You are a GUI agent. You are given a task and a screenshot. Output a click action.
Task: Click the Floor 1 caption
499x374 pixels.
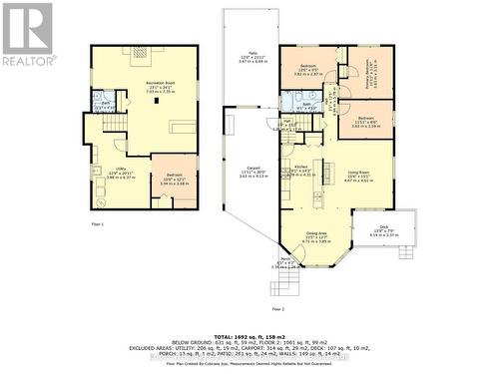(x=98, y=225)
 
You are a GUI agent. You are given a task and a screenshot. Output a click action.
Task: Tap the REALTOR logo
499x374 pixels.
(x=28, y=34)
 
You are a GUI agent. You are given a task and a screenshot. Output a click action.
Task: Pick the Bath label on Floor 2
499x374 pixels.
(x=308, y=107)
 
